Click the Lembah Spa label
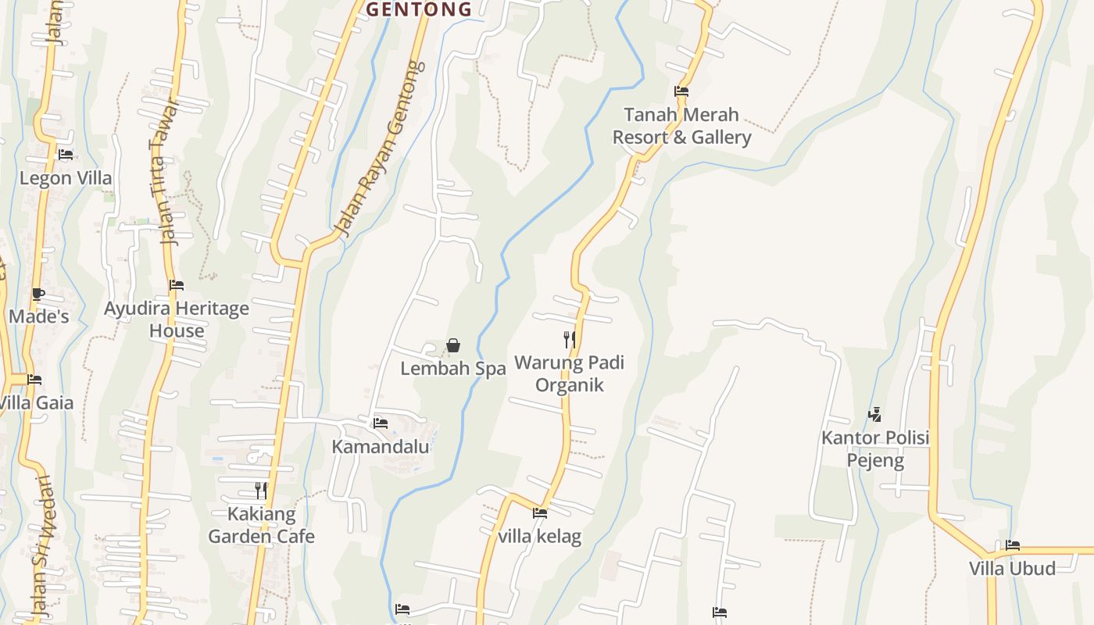click(x=453, y=368)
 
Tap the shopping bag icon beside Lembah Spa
click(x=453, y=345)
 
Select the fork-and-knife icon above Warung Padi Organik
click(x=570, y=339)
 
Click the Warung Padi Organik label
click(x=570, y=374)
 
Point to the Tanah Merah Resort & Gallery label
click(x=681, y=126)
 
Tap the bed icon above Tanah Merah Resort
click(x=681, y=91)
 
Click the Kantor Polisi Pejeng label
click(x=875, y=448)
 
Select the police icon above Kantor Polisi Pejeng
click(x=875, y=415)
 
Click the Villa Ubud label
click(x=1012, y=568)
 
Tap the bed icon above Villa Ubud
click(x=1013, y=545)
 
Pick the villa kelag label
click(x=540, y=537)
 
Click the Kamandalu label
click(x=381, y=447)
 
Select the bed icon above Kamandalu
click(x=381, y=423)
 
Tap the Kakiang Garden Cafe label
click(x=261, y=525)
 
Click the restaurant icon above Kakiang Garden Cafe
click(x=261, y=491)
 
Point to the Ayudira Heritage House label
click(x=177, y=320)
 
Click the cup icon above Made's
click(x=38, y=295)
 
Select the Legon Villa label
click(x=66, y=178)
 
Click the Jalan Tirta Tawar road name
click(x=163, y=172)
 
